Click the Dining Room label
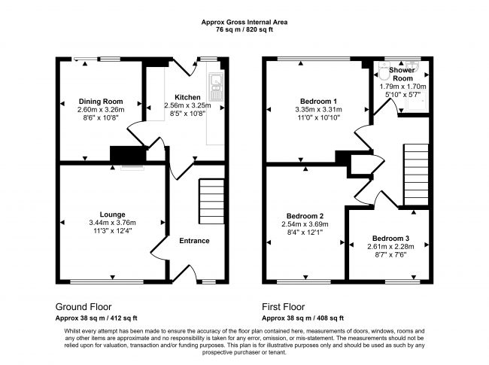101,102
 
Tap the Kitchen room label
187,98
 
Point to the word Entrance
194,241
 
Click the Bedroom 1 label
318,101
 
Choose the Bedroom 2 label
305,215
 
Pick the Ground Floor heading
84,307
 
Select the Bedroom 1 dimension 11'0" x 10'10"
318,119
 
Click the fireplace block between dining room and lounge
123,154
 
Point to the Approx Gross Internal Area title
244,23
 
